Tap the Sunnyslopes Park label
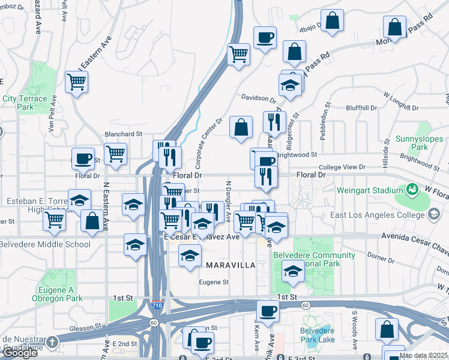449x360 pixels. (x=411, y=143)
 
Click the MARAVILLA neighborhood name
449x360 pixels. (x=231, y=265)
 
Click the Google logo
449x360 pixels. (x=20, y=353)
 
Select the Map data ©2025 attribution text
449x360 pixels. (x=423, y=355)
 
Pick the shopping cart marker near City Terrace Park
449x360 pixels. (x=77, y=81)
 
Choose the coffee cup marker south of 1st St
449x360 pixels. (x=268, y=311)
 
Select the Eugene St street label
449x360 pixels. (x=214, y=281)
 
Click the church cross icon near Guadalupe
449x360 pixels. (x=52, y=343)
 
